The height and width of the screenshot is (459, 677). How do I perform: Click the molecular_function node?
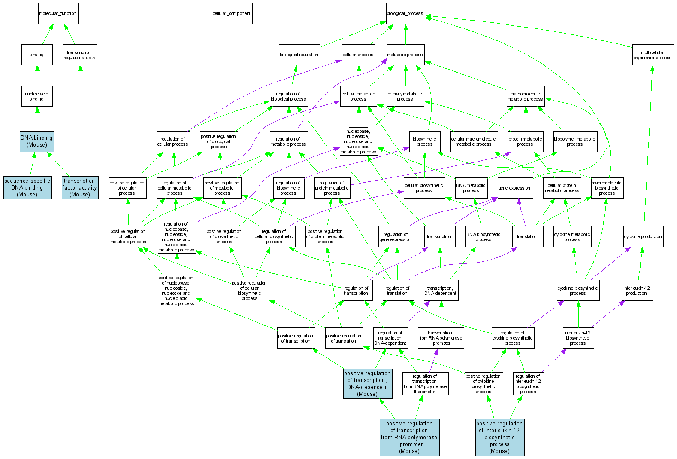click(58, 14)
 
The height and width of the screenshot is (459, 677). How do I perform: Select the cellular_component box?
click(232, 14)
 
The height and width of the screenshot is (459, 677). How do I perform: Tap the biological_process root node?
click(405, 14)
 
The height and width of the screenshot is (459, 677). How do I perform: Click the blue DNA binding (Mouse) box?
click(37, 141)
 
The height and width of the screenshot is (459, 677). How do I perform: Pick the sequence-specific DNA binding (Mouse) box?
click(27, 188)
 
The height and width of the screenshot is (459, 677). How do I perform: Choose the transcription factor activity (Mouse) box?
click(80, 188)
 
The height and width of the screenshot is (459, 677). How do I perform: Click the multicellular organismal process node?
click(652, 55)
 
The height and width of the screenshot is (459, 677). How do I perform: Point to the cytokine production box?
click(643, 236)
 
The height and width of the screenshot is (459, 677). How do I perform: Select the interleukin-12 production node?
click(637, 291)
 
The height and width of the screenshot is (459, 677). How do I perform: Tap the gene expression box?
click(514, 188)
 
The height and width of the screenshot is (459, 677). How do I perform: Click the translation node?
click(527, 236)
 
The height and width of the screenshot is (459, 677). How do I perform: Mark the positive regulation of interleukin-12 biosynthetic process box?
click(499, 438)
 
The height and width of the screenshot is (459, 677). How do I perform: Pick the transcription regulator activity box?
click(80, 55)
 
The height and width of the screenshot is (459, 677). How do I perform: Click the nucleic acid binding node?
click(37, 96)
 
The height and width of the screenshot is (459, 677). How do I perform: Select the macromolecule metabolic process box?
click(526, 96)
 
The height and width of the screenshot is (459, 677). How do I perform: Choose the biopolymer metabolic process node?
click(575, 141)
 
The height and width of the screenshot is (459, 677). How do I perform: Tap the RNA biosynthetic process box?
click(484, 237)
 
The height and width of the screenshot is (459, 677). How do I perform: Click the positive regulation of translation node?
click(344, 338)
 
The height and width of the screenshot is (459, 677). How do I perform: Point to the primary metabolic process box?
click(405, 96)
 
